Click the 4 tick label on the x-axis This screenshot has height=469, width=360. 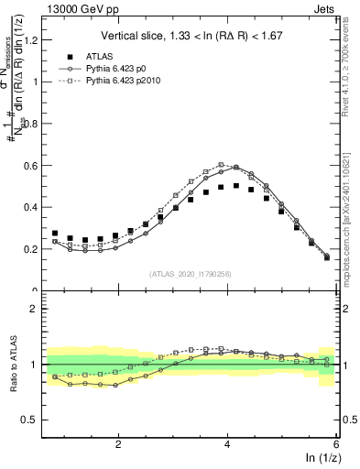click(227, 443)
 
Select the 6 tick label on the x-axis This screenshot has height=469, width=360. click(336, 443)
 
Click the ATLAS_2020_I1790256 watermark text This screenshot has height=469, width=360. click(191, 273)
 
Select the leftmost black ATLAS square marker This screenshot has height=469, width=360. click(55, 234)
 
